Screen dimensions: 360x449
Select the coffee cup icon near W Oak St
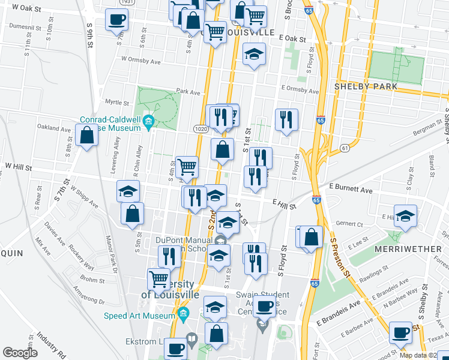pyautogui.click(x=116, y=20)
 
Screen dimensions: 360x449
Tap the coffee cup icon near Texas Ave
pyautogui.click(x=400, y=332)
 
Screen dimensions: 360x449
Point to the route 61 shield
pyautogui.click(x=344, y=148)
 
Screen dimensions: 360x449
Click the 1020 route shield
pyautogui.click(x=200, y=128)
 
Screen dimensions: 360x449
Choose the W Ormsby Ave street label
pyautogui.click(x=141, y=60)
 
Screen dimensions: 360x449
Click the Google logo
pyautogui.click(x=20, y=353)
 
